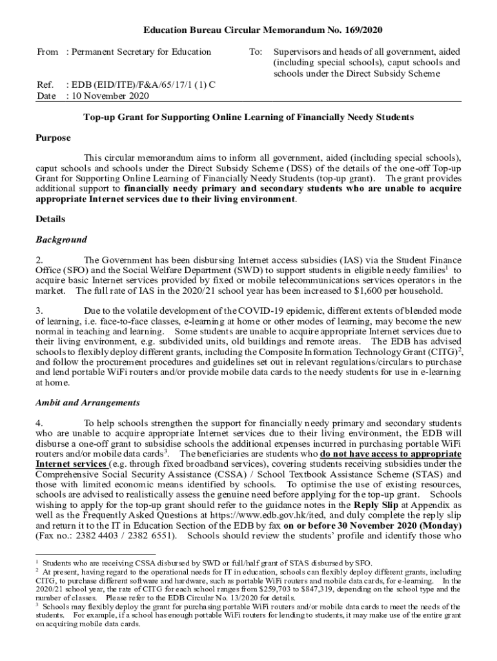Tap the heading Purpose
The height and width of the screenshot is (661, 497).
pos(53,138)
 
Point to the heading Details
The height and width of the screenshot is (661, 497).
pos(50,219)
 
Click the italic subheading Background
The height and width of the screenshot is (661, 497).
pos(61,239)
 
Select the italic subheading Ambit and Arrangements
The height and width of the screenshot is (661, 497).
pos(87,403)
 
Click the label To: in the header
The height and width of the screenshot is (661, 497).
pos(255,52)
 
